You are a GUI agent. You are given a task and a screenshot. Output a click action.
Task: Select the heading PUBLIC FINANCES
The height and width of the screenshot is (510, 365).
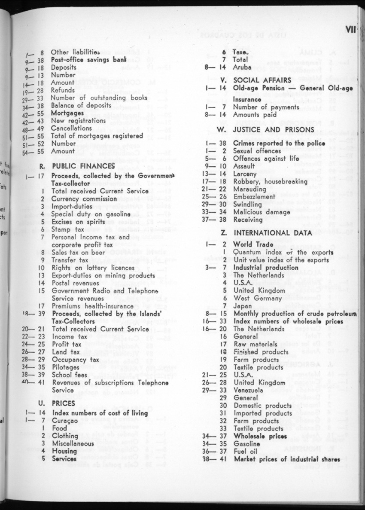tap(83, 166)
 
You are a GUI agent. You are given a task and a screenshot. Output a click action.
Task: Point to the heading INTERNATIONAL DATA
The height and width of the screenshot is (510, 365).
tap(272, 233)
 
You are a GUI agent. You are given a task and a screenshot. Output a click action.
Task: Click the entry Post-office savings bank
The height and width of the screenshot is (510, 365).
tap(88, 60)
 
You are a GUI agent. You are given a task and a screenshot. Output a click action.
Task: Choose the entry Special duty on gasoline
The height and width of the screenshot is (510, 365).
tap(91, 214)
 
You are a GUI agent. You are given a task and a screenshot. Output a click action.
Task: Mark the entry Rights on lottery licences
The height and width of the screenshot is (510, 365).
tap(93, 268)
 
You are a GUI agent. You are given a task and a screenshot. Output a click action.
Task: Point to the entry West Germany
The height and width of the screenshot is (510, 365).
tap(258, 298)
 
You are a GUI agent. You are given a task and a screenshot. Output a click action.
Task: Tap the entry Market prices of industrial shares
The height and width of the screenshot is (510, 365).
tap(287, 459)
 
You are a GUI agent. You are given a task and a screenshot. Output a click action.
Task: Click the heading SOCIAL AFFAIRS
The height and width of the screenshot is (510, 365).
tap(262, 80)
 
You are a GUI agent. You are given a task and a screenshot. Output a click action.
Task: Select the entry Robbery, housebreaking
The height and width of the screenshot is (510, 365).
tap(270, 181)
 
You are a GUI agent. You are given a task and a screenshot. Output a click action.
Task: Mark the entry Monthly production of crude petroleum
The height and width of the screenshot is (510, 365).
tap(295, 313)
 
